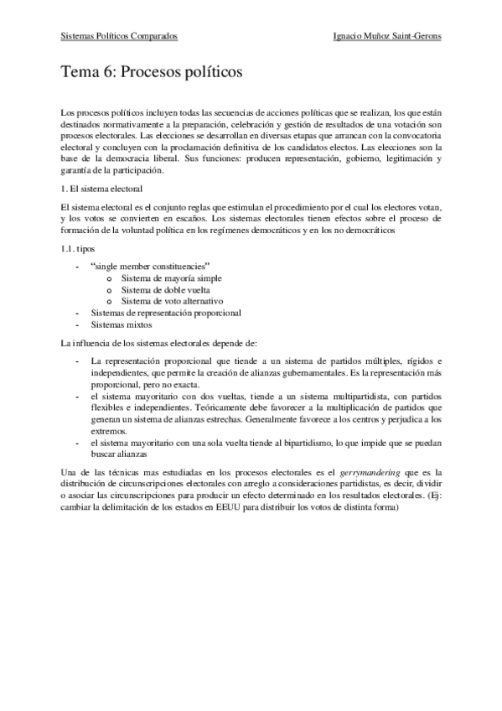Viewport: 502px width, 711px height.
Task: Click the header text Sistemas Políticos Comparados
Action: pyautogui.click(x=120, y=36)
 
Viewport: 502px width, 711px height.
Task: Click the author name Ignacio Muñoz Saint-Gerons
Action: pyautogui.click(x=386, y=36)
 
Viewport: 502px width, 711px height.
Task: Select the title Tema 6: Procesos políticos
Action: pyautogui.click(x=153, y=73)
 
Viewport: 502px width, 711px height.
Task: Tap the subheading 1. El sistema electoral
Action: pyautogui.click(x=102, y=189)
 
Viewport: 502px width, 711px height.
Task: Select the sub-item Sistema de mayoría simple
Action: pyautogui.click(x=171, y=278)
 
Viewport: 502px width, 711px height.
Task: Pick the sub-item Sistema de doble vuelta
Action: pyautogui.click(x=165, y=289)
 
